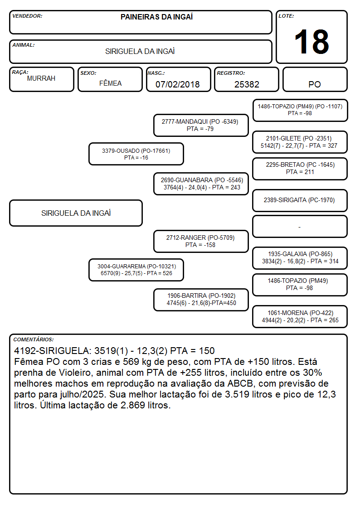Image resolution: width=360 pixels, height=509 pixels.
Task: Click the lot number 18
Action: pos(311,42)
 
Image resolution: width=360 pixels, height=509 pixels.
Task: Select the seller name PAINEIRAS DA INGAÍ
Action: pos(156,17)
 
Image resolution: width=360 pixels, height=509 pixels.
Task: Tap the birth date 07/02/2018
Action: pos(178,84)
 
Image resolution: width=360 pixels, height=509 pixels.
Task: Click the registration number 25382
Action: pos(247,84)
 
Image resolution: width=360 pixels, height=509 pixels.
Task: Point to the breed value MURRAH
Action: pos(41,78)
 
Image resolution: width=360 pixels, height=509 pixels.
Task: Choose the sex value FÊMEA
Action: pos(110,83)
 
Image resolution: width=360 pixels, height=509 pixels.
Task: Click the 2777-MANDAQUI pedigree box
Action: pos(201,125)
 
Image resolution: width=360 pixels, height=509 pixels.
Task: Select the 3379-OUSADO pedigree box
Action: pos(136,154)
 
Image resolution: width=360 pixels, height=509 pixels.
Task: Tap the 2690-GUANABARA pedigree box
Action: pos(201,184)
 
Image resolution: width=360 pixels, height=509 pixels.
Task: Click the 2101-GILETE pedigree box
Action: pos(300,142)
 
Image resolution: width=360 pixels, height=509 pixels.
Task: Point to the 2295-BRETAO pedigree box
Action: pos(300,169)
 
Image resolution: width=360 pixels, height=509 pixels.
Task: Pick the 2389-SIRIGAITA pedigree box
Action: pos(300,200)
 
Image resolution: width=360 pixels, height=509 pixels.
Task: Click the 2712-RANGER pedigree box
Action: pos(201,241)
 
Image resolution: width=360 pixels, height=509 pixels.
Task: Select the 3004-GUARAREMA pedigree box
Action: pos(136,270)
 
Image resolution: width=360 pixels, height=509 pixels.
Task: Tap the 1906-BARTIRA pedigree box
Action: pos(201,300)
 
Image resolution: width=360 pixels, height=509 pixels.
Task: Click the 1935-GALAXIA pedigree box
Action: pos(300,258)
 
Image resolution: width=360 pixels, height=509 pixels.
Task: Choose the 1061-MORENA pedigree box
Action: pos(300,316)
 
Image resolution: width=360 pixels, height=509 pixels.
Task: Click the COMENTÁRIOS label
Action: pos(34,339)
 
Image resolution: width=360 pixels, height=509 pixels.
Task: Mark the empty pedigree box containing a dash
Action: pos(300,227)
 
